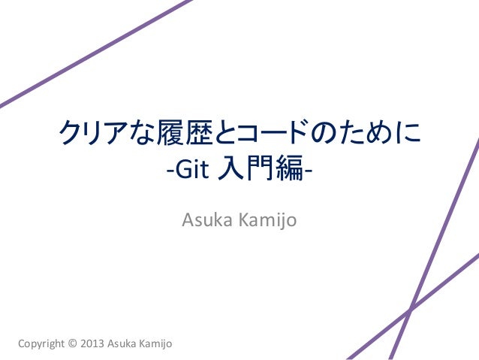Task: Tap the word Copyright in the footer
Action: (x=41, y=344)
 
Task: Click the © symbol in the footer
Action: (x=73, y=344)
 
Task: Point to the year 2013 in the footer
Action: (x=92, y=344)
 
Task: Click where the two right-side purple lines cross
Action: (x=410, y=309)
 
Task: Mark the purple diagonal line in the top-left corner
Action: (x=90, y=53)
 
